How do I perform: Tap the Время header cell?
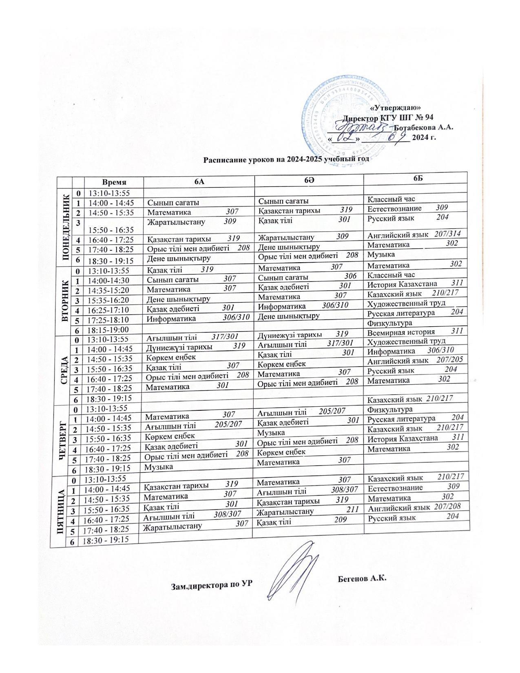tap(114, 182)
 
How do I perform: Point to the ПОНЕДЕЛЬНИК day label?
tap(65, 227)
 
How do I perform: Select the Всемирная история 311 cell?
tap(415, 332)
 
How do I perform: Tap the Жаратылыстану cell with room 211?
tap(308, 510)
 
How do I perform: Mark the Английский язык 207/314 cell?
tap(414, 235)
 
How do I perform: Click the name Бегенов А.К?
tap(362, 578)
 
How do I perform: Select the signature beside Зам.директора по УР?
tap(296, 573)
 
